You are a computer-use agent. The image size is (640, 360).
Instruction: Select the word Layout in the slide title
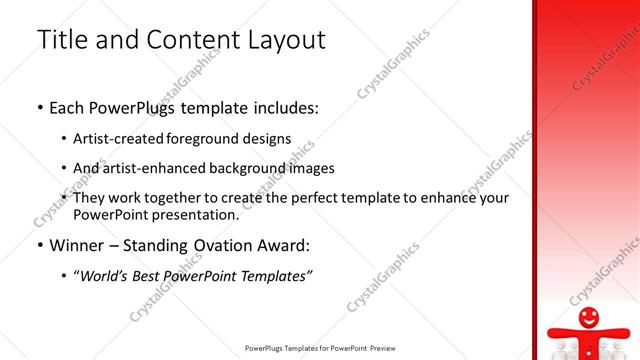point(281,40)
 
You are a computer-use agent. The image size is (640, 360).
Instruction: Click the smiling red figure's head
point(590,319)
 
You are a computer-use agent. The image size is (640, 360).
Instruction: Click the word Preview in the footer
point(384,349)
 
